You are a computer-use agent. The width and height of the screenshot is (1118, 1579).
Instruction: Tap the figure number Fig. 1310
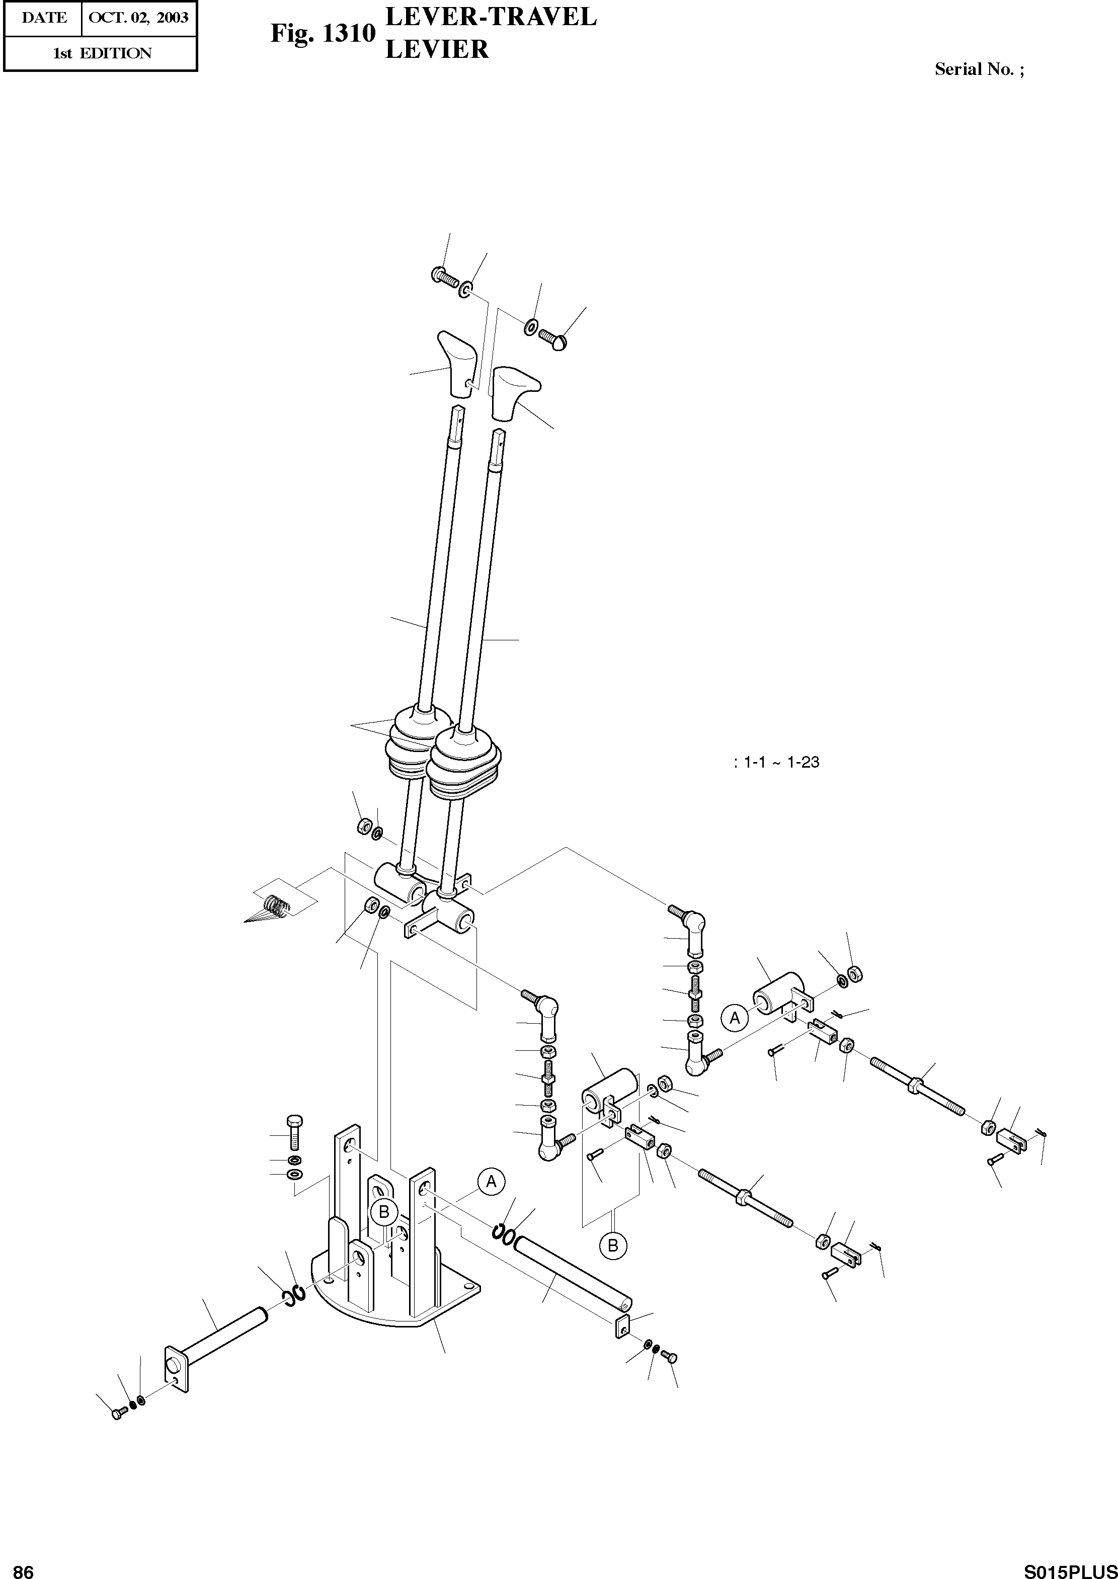pyautogui.click(x=322, y=33)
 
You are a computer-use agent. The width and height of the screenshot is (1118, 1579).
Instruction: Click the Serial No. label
pyautogui.click(x=978, y=69)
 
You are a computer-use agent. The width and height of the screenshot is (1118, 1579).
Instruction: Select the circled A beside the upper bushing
pyautogui.click(x=735, y=1017)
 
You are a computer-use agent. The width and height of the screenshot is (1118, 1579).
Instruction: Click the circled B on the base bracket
pyautogui.click(x=384, y=1211)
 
